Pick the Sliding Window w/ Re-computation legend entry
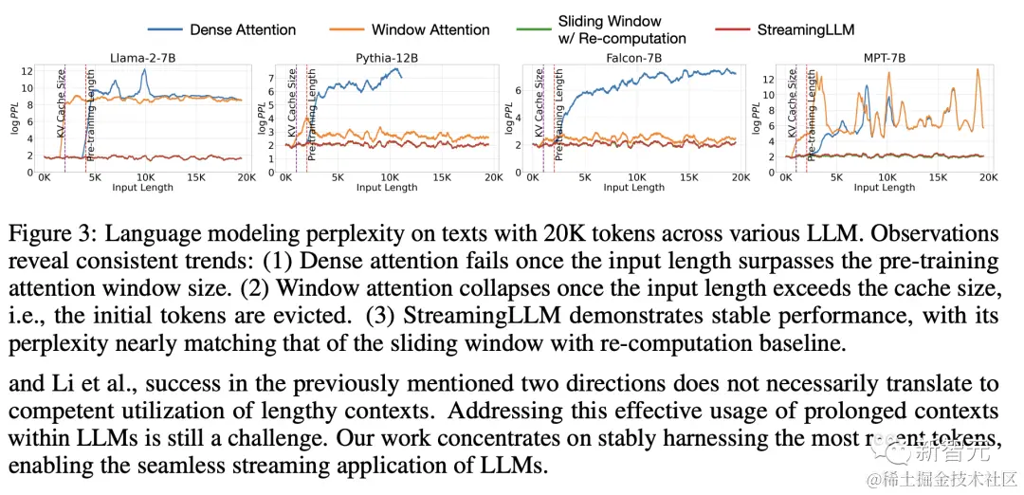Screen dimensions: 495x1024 [621, 29]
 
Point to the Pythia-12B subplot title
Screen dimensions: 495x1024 [387, 59]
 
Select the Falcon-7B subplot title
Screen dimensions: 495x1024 [633, 59]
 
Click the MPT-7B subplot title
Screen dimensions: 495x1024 [884, 59]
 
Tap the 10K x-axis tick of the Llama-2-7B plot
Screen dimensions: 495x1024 [145, 177]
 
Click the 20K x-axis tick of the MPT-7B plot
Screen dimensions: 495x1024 [987, 177]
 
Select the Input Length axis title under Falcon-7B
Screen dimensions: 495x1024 [633, 188]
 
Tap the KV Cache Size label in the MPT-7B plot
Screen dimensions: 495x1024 [794, 105]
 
